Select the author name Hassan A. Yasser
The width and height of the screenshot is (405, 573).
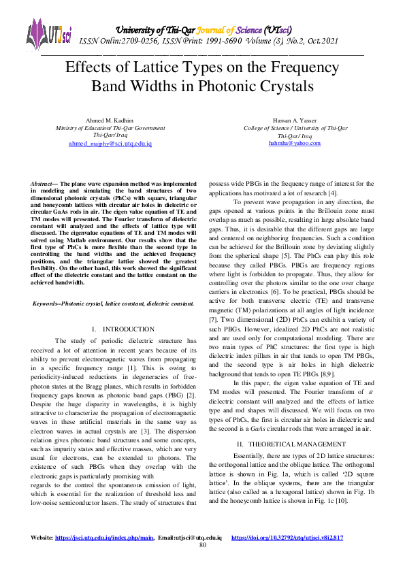[294, 120]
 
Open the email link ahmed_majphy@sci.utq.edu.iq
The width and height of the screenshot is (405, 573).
[110, 144]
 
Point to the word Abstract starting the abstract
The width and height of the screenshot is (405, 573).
[44, 184]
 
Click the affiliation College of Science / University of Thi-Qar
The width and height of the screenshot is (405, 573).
[294, 128]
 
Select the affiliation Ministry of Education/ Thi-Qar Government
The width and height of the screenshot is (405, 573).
[110, 128]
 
